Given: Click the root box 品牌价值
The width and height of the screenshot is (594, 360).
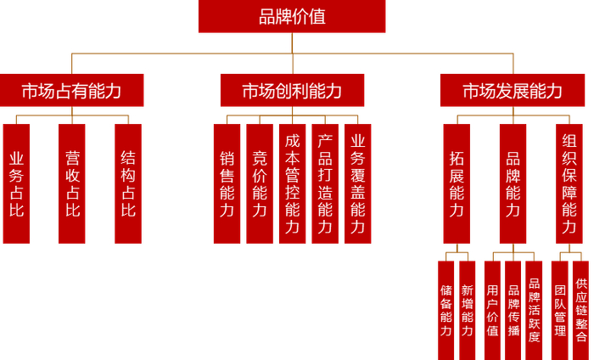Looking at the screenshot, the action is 292,16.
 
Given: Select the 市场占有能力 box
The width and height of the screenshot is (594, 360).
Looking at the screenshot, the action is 71,90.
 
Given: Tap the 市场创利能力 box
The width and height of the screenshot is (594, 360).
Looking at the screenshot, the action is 292,90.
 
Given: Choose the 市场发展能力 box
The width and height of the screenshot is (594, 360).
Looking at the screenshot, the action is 513,90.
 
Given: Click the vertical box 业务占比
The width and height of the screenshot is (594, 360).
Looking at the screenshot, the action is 16,183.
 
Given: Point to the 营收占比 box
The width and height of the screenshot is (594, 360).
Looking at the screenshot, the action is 72,183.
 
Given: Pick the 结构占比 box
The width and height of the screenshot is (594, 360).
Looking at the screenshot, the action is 128,183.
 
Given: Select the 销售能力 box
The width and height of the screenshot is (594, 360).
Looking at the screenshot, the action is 227,183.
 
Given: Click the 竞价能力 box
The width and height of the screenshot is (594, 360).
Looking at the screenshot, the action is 260,183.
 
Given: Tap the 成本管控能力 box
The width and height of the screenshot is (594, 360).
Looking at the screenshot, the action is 292,183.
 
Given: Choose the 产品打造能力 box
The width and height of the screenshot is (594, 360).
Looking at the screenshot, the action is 325,183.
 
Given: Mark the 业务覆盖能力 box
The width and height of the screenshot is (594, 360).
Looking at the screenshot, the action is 358,183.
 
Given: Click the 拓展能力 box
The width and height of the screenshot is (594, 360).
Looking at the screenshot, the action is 457,183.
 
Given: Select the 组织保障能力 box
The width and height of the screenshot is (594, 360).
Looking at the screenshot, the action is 569,183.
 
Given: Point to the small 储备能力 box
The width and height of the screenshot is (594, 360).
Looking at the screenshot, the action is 446,311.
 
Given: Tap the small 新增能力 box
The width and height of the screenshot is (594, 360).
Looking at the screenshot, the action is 467,311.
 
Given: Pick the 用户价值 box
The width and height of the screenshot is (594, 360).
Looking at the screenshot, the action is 492,311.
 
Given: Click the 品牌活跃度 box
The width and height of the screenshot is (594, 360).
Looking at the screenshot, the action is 534,311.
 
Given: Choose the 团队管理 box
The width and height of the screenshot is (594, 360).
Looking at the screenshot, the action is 560,311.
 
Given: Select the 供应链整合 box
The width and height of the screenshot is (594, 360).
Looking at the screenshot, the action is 580,311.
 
